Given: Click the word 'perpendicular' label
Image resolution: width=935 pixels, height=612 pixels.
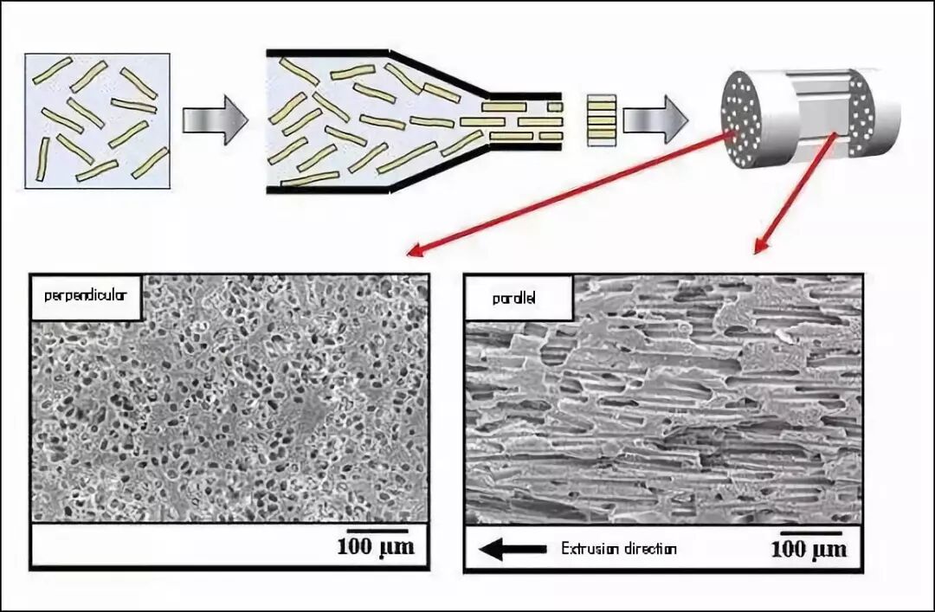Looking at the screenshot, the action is click(x=85, y=294).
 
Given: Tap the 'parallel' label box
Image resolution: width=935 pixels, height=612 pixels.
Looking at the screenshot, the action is click(x=519, y=297).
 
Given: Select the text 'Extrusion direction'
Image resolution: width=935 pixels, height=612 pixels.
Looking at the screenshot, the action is click(x=618, y=549).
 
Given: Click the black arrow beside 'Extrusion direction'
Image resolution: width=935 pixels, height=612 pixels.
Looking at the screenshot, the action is click(x=513, y=549).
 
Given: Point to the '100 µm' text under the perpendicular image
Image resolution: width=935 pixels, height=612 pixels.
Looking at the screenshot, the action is click(x=376, y=546).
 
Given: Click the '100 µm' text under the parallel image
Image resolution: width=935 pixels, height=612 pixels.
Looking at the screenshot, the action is click(x=809, y=549).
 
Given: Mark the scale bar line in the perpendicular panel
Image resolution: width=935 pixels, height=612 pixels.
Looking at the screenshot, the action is click(x=377, y=530).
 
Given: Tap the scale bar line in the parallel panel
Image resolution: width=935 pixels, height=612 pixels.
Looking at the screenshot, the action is click(x=811, y=532).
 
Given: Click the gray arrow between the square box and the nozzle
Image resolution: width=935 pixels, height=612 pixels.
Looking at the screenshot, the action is click(x=215, y=120).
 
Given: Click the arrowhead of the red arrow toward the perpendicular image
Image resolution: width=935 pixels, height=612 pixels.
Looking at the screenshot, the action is click(x=416, y=250).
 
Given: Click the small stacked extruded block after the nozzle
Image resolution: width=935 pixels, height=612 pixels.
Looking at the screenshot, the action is click(x=601, y=120).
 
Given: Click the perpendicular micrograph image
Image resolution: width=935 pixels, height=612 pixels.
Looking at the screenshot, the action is click(x=229, y=398).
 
